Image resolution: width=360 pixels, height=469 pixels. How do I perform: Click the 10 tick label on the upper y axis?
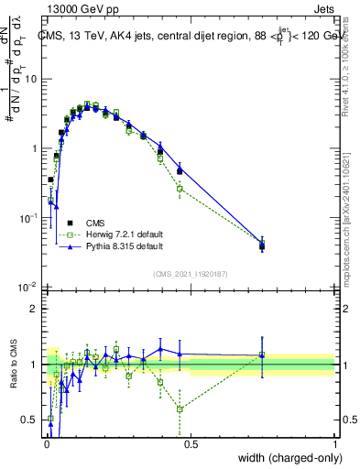click(x=31, y=79)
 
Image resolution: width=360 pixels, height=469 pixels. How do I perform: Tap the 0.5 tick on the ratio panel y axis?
click(x=31, y=420)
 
